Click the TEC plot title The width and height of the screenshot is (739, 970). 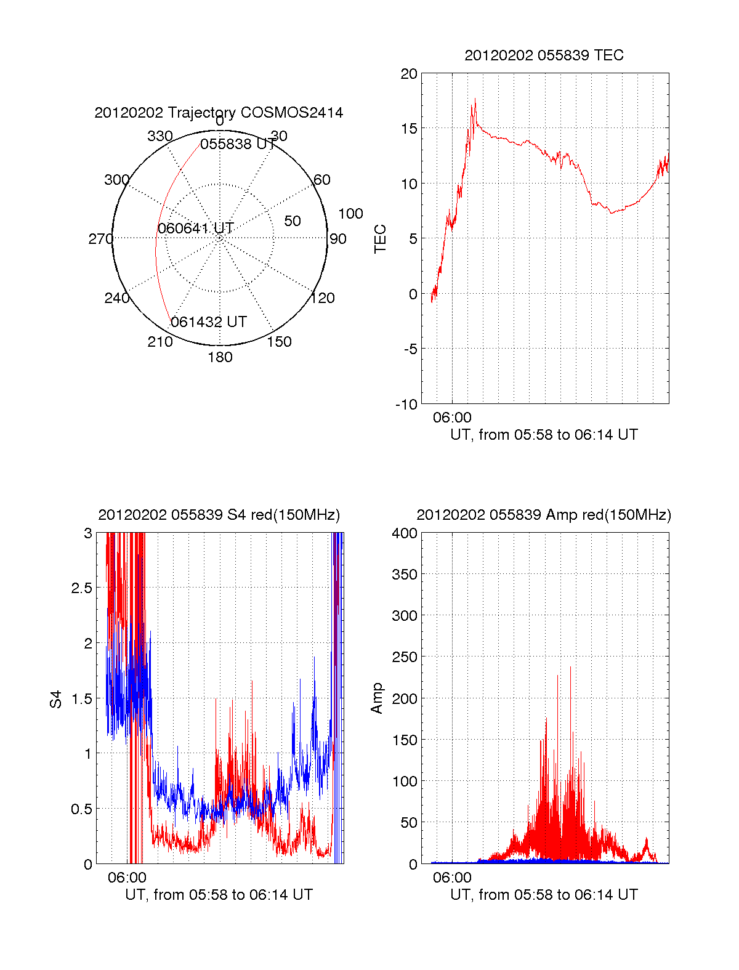coord(544,55)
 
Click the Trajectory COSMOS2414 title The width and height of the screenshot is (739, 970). coord(219,113)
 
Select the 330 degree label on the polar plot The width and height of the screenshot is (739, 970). coord(160,136)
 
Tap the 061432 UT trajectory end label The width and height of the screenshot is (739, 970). coord(209,322)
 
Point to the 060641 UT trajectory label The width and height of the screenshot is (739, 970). coord(195,228)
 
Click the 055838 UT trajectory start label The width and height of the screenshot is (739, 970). coord(238,144)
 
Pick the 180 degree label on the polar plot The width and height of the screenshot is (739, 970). coord(220,357)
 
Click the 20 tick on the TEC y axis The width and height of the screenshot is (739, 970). coord(409,74)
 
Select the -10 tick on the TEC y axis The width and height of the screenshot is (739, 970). coord(406,405)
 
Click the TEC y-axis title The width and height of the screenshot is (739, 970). coord(381,239)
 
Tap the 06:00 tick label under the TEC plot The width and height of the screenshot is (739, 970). coord(452,418)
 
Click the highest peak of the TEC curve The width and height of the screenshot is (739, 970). coord(475,100)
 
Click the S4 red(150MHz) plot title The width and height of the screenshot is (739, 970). coord(219,515)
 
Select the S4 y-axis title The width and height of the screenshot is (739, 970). coord(56,699)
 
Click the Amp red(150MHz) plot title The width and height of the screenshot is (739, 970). coord(544,515)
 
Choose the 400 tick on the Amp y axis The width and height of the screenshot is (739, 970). coord(405,533)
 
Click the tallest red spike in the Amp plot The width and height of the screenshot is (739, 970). coord(570,667)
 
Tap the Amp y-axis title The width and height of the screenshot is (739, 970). coord(377,698)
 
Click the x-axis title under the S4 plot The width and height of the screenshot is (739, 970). coord(219,895)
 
